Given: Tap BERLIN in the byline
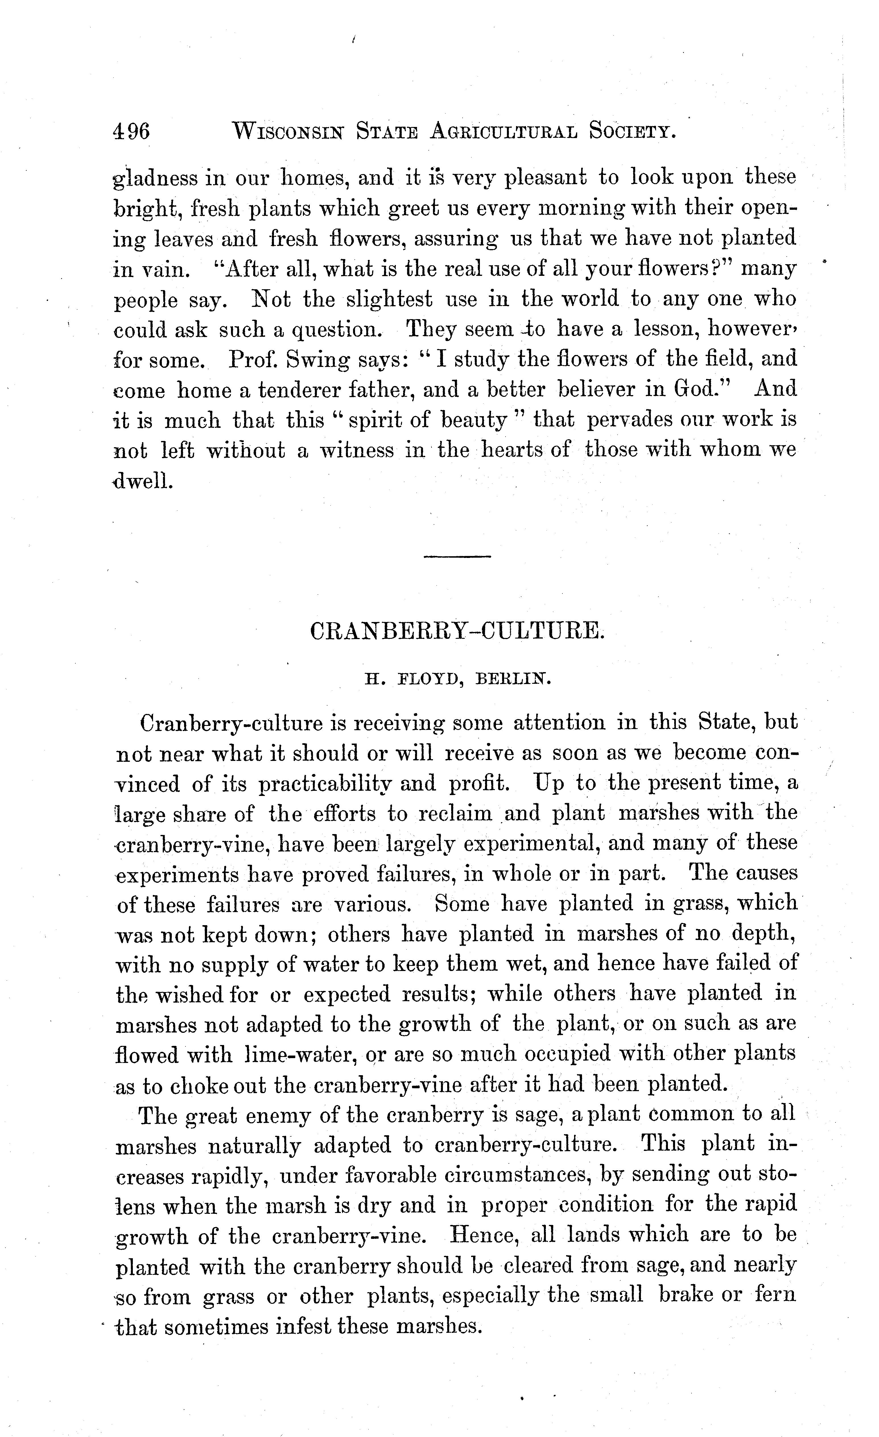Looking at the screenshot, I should click(513, 680).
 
